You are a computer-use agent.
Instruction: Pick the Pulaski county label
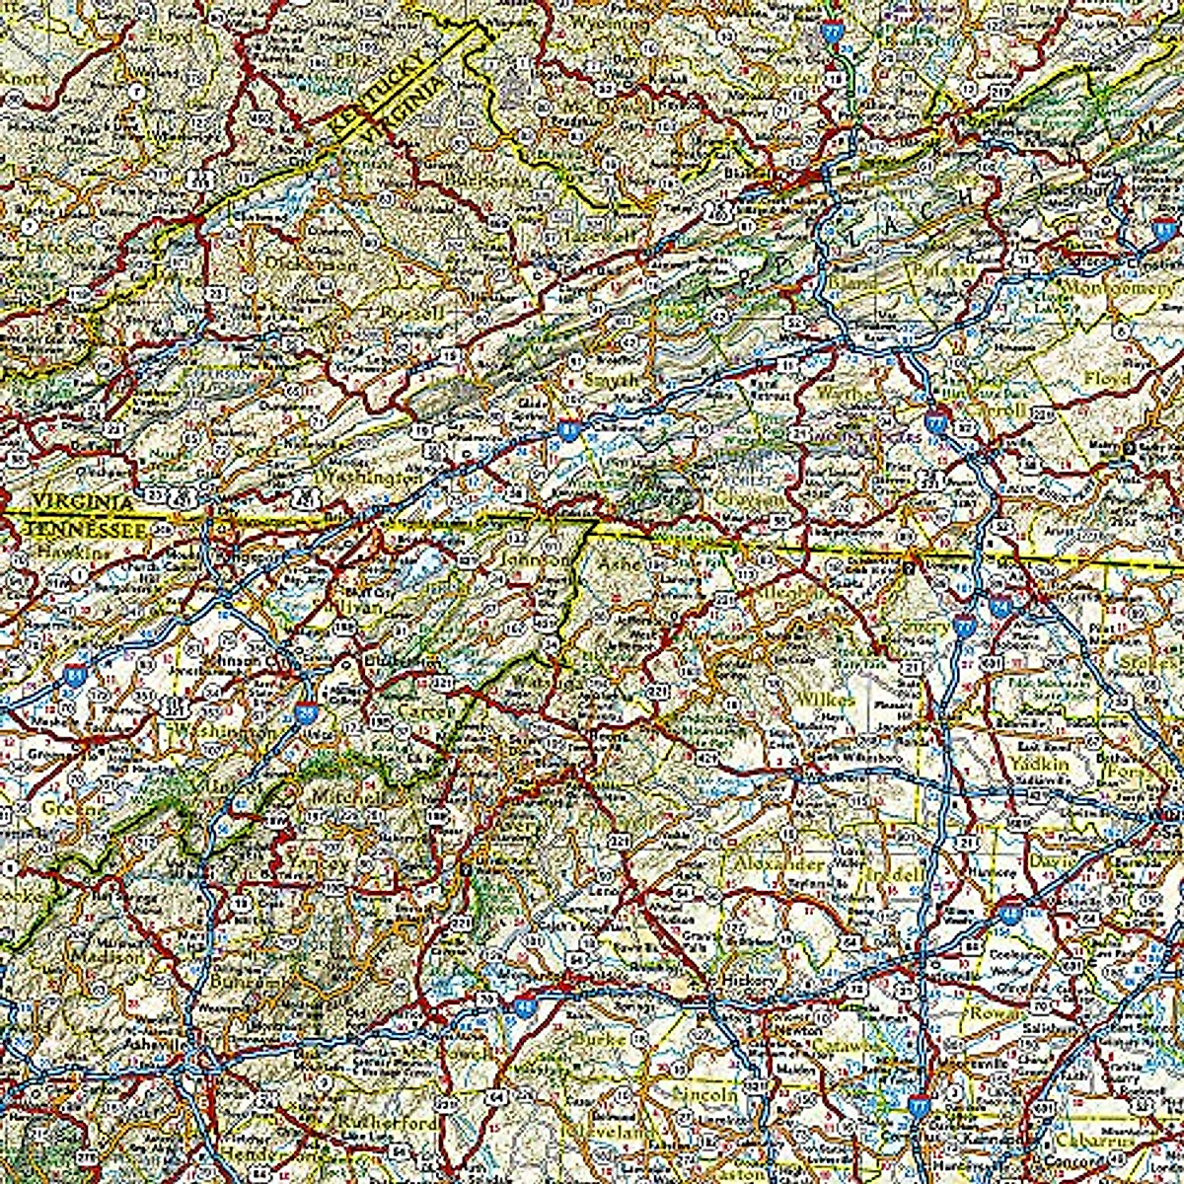tap(930, 269)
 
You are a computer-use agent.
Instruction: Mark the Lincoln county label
tap(704, 1094)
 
